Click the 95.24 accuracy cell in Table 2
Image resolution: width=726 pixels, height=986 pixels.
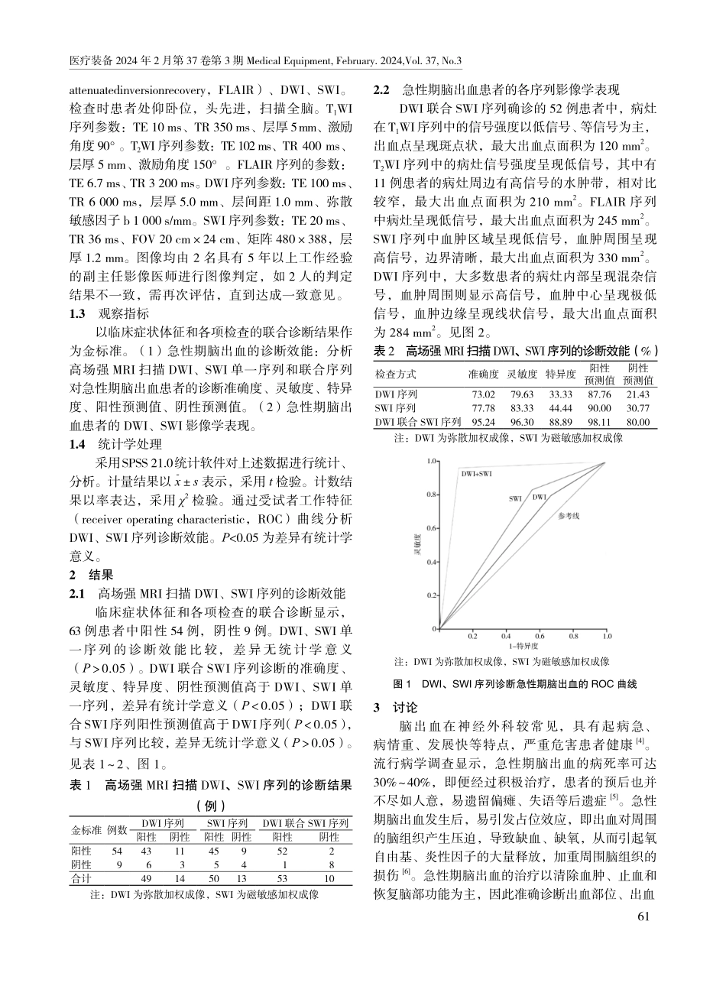[x=483, y=422]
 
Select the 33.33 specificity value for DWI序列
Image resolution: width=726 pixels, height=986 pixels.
[x=560, y=394]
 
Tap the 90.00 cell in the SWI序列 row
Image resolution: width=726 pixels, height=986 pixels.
[x=599, y=408]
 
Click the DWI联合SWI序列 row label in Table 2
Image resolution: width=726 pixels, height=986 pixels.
[x=417, y=422]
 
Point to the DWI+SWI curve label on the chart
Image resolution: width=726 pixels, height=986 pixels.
[x=475, y=475]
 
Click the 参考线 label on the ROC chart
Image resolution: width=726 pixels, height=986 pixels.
[x=569, y=516]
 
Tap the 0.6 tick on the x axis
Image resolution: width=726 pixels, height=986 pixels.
[x=540, y=636]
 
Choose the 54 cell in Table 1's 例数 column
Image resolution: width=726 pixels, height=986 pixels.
[x=117, y=851]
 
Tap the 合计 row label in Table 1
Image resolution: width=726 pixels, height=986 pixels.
[x=82, y=878]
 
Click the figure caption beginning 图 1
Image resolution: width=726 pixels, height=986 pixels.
[x=514, y=684]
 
